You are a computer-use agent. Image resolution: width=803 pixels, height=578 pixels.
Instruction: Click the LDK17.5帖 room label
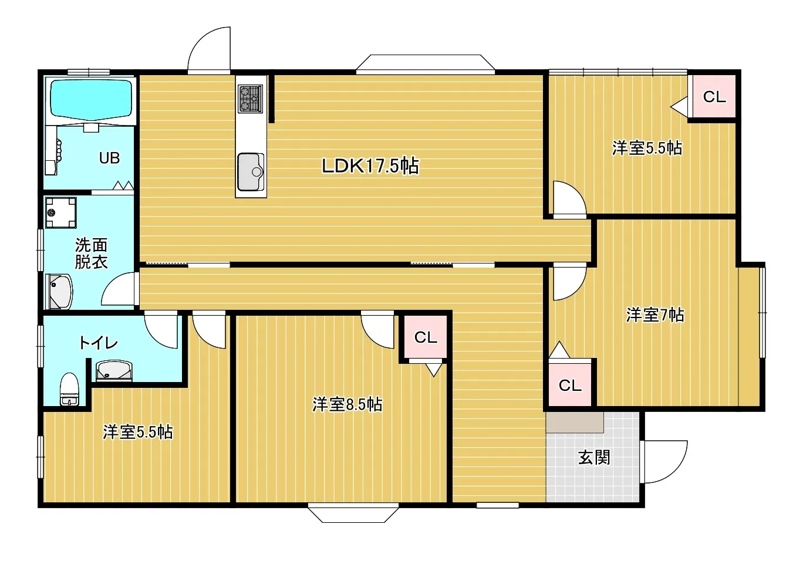(370, 166)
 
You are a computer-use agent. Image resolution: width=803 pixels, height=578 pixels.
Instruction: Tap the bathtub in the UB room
(91, 99)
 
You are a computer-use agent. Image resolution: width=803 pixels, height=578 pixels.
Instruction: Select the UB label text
(109, 158)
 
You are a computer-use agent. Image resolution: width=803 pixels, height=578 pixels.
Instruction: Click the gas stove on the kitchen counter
(250, 98)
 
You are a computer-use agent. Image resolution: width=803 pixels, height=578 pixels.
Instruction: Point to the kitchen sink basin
(251, 173)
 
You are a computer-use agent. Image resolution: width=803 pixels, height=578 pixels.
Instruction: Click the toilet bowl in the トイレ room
(69, 389)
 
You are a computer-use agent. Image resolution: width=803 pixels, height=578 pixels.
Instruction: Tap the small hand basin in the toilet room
(114, 370)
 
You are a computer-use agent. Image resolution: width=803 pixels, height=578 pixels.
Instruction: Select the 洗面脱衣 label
(91, 253)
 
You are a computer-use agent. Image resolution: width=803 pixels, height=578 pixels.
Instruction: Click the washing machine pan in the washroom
(60, 212)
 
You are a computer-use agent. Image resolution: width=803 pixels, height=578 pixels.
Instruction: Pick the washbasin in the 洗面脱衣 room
(59, 291)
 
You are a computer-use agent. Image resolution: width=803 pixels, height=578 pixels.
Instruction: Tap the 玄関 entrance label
(594, 458)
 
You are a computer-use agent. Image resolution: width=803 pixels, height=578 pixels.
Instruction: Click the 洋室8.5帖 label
(347, 404)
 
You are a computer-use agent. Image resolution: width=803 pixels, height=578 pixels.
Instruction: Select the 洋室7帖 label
(655, 315)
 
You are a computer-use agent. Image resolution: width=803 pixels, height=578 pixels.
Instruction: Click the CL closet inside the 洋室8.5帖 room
(426, 337)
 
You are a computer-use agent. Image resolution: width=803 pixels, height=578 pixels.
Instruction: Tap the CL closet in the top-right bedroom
(714, 96)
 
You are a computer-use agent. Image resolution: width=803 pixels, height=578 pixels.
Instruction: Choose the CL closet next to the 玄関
(570, 385)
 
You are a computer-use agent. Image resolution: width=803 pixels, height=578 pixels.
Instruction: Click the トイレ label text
(98, 343)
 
